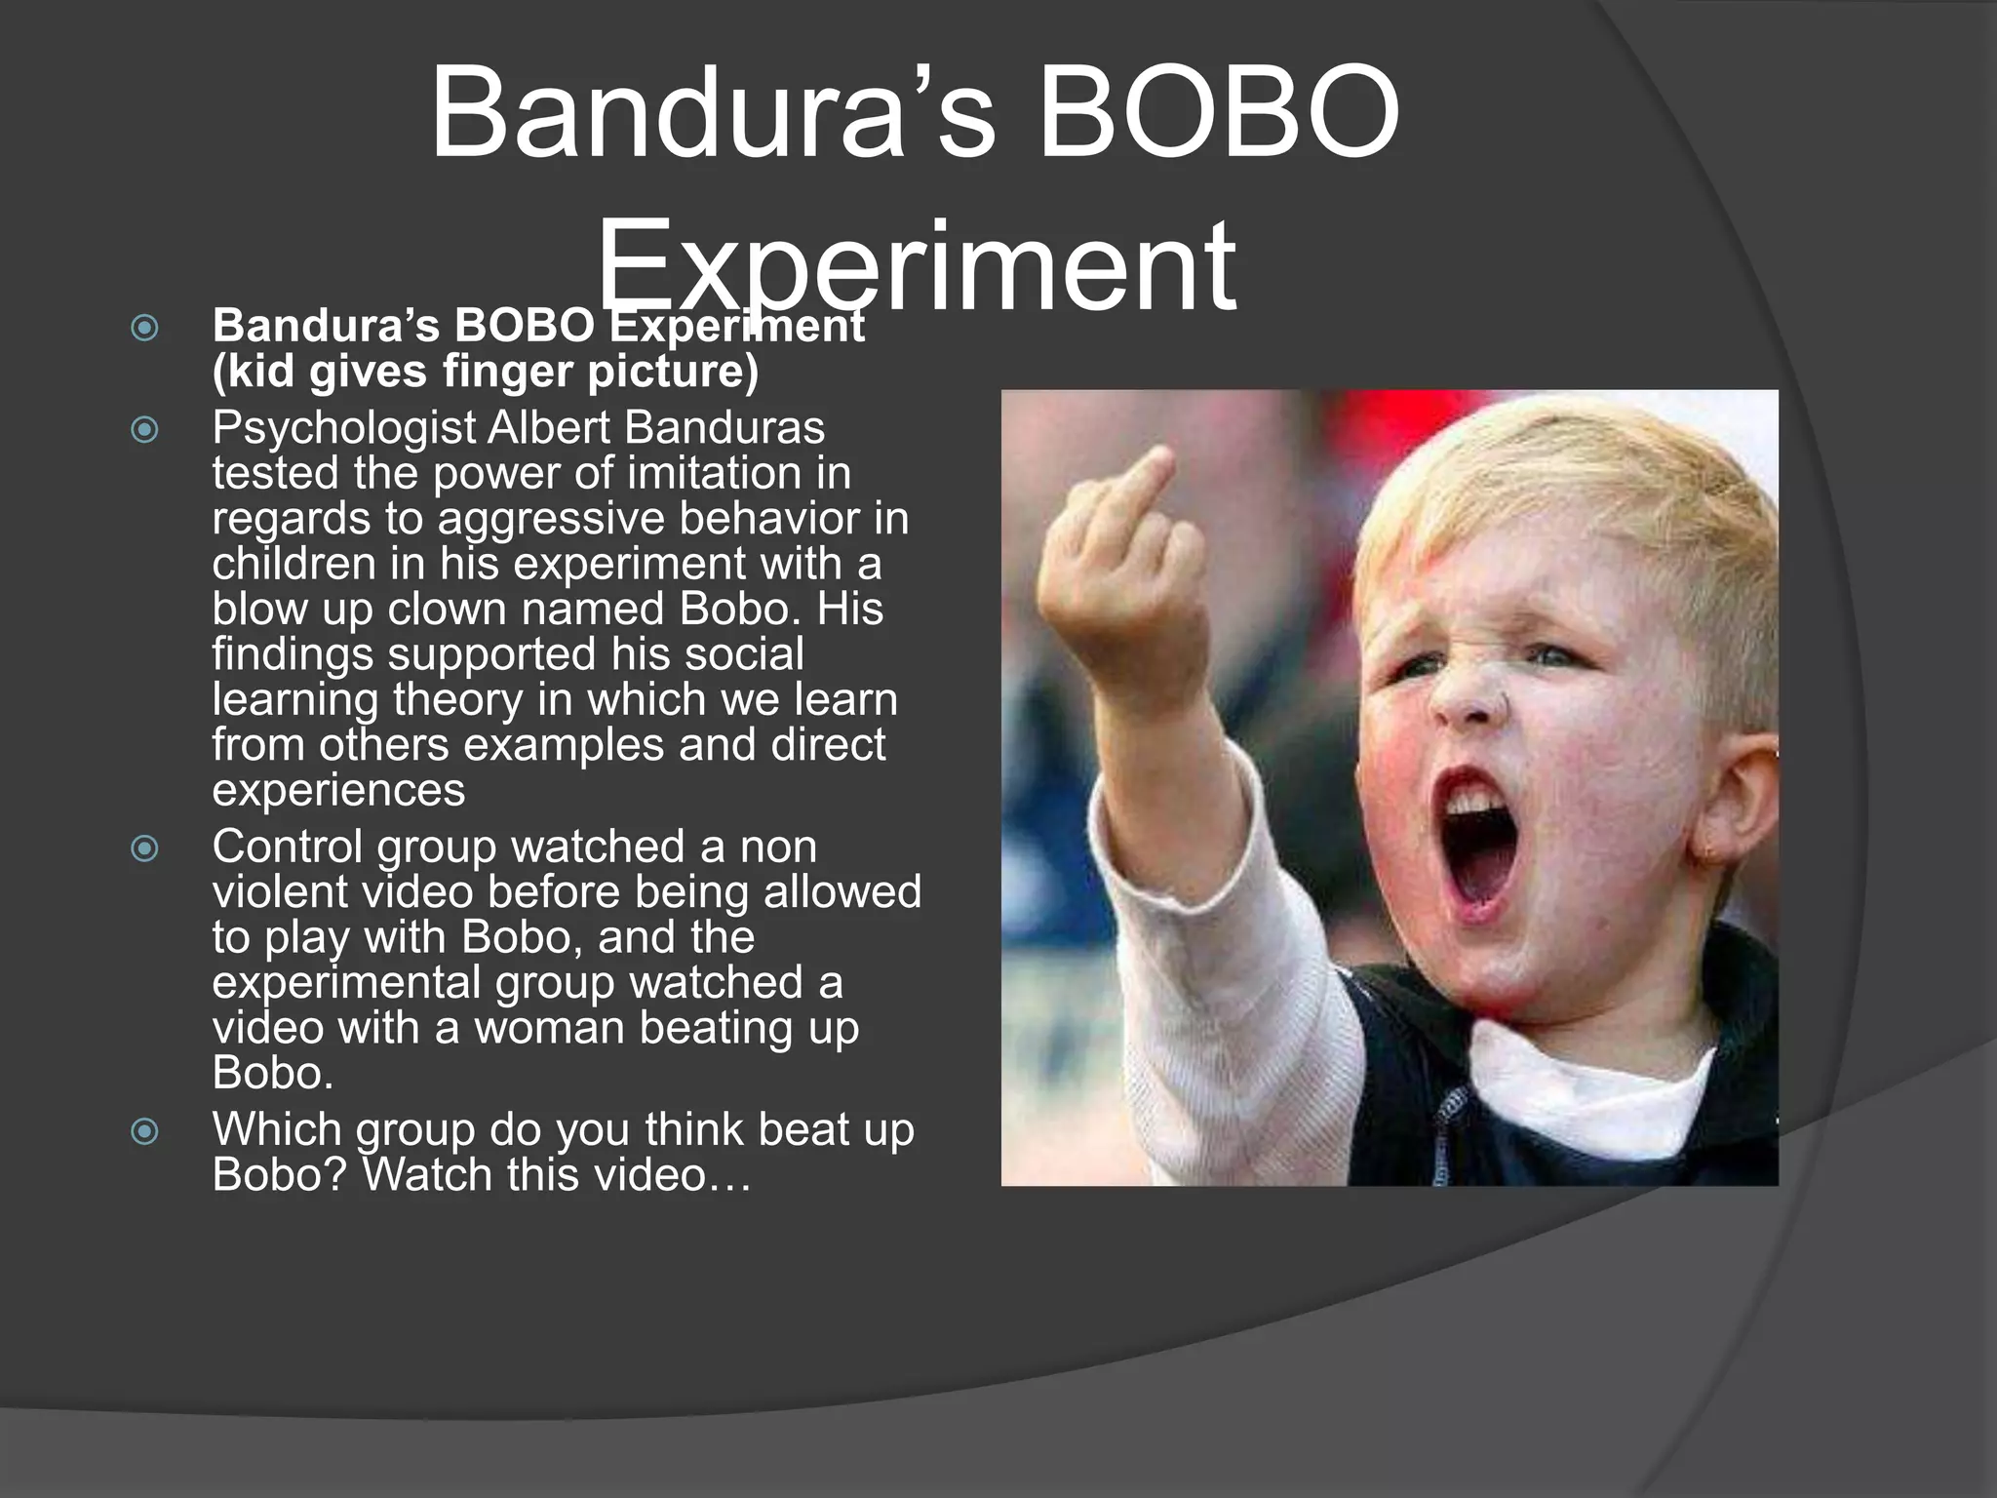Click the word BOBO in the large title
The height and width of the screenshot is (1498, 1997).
[1219, 115]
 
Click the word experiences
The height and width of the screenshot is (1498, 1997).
[338, 791]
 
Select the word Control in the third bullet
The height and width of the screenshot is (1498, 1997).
[288, 847]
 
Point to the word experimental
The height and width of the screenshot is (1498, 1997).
[346, 983]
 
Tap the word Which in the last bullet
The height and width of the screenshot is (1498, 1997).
[277, 1129]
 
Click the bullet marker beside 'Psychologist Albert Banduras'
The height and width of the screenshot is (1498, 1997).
[144, 429]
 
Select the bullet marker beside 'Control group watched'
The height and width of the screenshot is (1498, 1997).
[144, 848]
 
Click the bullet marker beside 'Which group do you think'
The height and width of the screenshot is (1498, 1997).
[144, 1131]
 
